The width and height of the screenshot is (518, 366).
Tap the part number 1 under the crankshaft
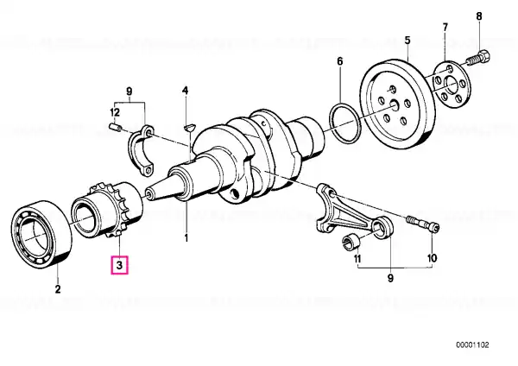pos(185,237)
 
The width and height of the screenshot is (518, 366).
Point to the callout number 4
pos(185,91)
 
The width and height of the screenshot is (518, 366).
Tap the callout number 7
pos(445,27)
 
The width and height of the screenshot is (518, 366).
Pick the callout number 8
pos(479,16)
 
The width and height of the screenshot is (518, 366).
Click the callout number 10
pos(432,257)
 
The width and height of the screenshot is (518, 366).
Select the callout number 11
pos(356,257)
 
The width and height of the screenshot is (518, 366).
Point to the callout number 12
pos(114,111)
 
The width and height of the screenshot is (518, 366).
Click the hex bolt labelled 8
pos(478,60)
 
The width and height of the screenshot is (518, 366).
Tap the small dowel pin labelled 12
pos(115,129)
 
